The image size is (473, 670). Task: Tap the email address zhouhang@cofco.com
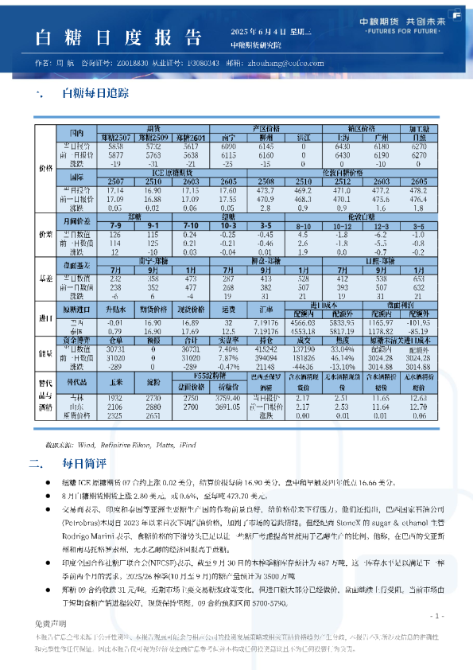click(x=282, y=63)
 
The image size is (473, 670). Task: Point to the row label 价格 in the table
click(x=45, y=168)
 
